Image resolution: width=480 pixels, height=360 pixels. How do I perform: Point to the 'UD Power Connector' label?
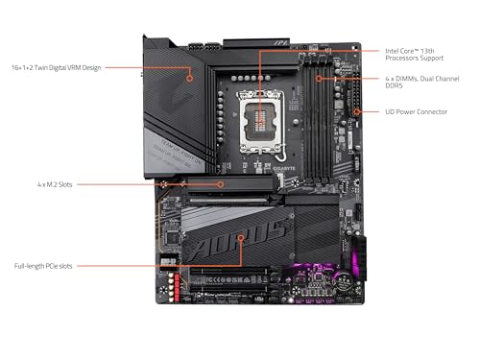416,111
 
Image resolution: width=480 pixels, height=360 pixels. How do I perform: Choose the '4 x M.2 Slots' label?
55,183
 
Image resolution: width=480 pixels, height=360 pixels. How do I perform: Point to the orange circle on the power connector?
357,111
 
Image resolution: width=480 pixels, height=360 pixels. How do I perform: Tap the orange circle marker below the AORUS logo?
241,264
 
